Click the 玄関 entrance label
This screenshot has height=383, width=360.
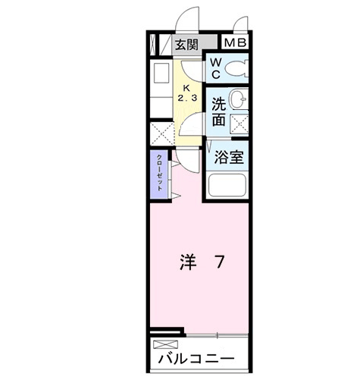(187, 44)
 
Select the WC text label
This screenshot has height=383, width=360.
(215, 69)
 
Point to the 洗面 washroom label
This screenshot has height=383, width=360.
(219, 111)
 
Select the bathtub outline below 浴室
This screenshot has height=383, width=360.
(228, 186)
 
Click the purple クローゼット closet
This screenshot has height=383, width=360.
(160, 175)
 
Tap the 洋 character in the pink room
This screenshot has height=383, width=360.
(188, 262)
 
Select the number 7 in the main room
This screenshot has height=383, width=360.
(218, 262)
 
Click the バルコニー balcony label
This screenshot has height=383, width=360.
(196, 357)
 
